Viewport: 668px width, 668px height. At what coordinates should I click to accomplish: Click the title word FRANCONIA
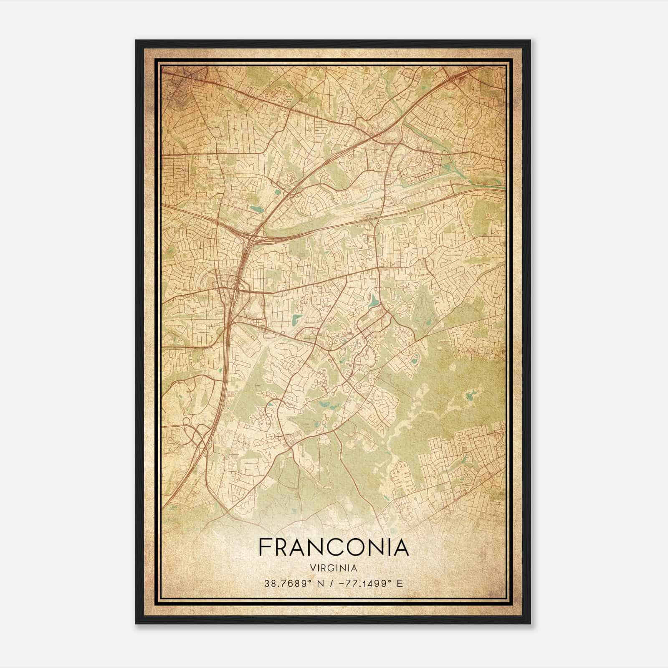334,547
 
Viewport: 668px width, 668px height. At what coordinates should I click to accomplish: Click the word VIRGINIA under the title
334,568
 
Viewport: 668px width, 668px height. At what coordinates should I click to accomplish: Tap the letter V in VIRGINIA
313,568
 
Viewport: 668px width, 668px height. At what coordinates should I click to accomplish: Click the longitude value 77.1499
368,583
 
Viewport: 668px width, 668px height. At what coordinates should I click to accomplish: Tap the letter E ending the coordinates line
400,583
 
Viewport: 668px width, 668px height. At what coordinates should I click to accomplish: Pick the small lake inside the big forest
472,394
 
